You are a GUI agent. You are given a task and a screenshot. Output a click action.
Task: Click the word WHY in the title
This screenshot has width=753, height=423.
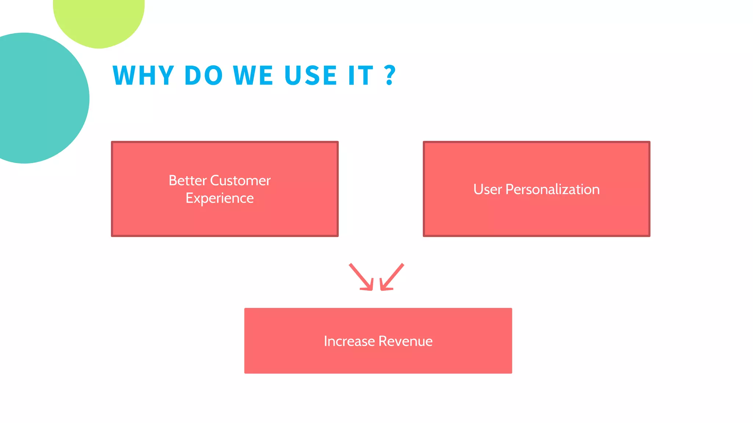point(143,76)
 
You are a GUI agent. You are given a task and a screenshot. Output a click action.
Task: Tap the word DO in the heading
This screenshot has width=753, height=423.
point(203,76)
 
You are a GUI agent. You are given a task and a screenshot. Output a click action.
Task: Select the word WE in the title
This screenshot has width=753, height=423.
point(253,76)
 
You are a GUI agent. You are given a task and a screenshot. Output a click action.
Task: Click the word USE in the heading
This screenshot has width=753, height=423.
point(311,76)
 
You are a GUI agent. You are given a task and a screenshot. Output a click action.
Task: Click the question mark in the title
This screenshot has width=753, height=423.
point(390,76)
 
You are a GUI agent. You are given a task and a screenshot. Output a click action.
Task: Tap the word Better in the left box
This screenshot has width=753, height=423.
point(188,181)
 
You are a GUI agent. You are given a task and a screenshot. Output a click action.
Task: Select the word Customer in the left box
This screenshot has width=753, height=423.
point(240,181)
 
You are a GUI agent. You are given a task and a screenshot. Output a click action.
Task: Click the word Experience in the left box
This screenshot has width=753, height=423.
point(220,198)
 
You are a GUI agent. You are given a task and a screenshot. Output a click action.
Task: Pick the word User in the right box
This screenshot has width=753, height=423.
point(488,189)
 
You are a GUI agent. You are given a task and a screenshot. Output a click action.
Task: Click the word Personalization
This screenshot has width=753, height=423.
point(553,189)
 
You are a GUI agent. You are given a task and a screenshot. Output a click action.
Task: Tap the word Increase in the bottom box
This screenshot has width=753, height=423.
point(349,341)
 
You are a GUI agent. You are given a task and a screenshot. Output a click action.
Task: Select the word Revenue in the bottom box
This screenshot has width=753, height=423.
point(406,341)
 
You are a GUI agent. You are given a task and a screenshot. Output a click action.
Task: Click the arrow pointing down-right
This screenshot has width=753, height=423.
point(362,278)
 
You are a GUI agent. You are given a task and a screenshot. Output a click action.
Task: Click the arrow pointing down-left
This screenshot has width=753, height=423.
point(391,278)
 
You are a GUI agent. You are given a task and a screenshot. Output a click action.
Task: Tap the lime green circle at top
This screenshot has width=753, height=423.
point(99,18)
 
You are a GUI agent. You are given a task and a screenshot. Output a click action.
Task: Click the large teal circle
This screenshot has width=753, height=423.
point(37,98)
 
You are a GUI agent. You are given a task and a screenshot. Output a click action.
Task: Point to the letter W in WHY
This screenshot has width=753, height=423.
point(124,76)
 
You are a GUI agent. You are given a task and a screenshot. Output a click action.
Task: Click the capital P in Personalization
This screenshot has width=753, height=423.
point(510,189)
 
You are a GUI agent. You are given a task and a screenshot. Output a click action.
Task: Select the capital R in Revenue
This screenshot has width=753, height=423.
point(382,341)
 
